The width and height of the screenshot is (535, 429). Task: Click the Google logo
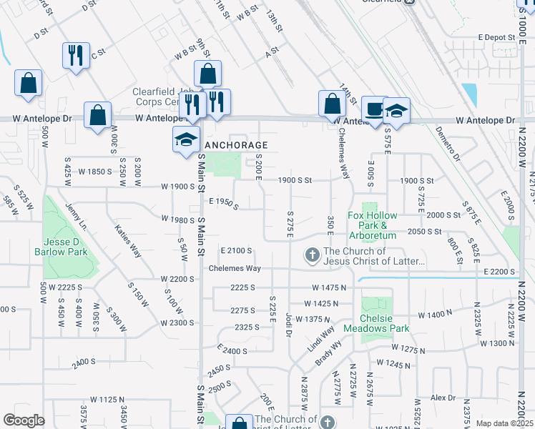(24, 420)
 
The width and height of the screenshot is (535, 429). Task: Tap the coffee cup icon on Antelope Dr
(373, 109)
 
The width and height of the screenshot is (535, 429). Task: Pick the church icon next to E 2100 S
(313, 255)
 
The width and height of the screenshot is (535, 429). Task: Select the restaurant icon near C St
(76, 54)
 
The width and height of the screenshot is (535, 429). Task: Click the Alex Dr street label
(443, 398)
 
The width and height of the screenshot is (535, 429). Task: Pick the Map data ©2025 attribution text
(505, 423)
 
